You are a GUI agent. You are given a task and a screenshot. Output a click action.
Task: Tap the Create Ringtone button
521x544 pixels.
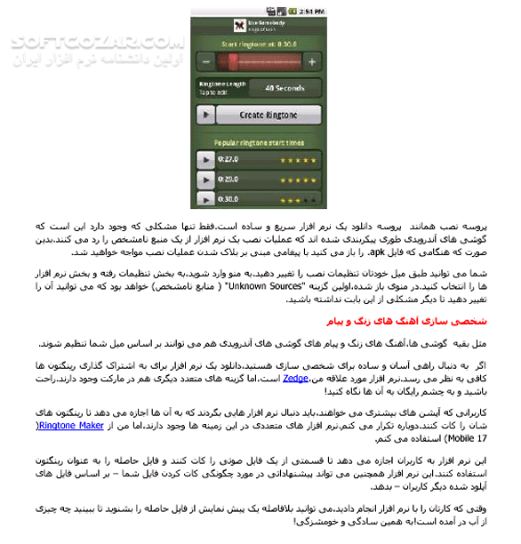[269, 115]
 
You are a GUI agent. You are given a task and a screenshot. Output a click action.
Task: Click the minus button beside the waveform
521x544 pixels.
[205, 61]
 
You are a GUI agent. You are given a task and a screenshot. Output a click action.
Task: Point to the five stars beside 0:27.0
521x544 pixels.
[298, 160]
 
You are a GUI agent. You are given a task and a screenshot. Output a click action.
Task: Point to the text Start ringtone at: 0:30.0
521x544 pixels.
[259, 43]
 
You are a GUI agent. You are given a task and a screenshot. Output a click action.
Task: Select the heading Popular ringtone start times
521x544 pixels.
[259, 142]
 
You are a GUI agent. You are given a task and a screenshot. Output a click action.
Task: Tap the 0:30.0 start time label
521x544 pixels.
[229, 199]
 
